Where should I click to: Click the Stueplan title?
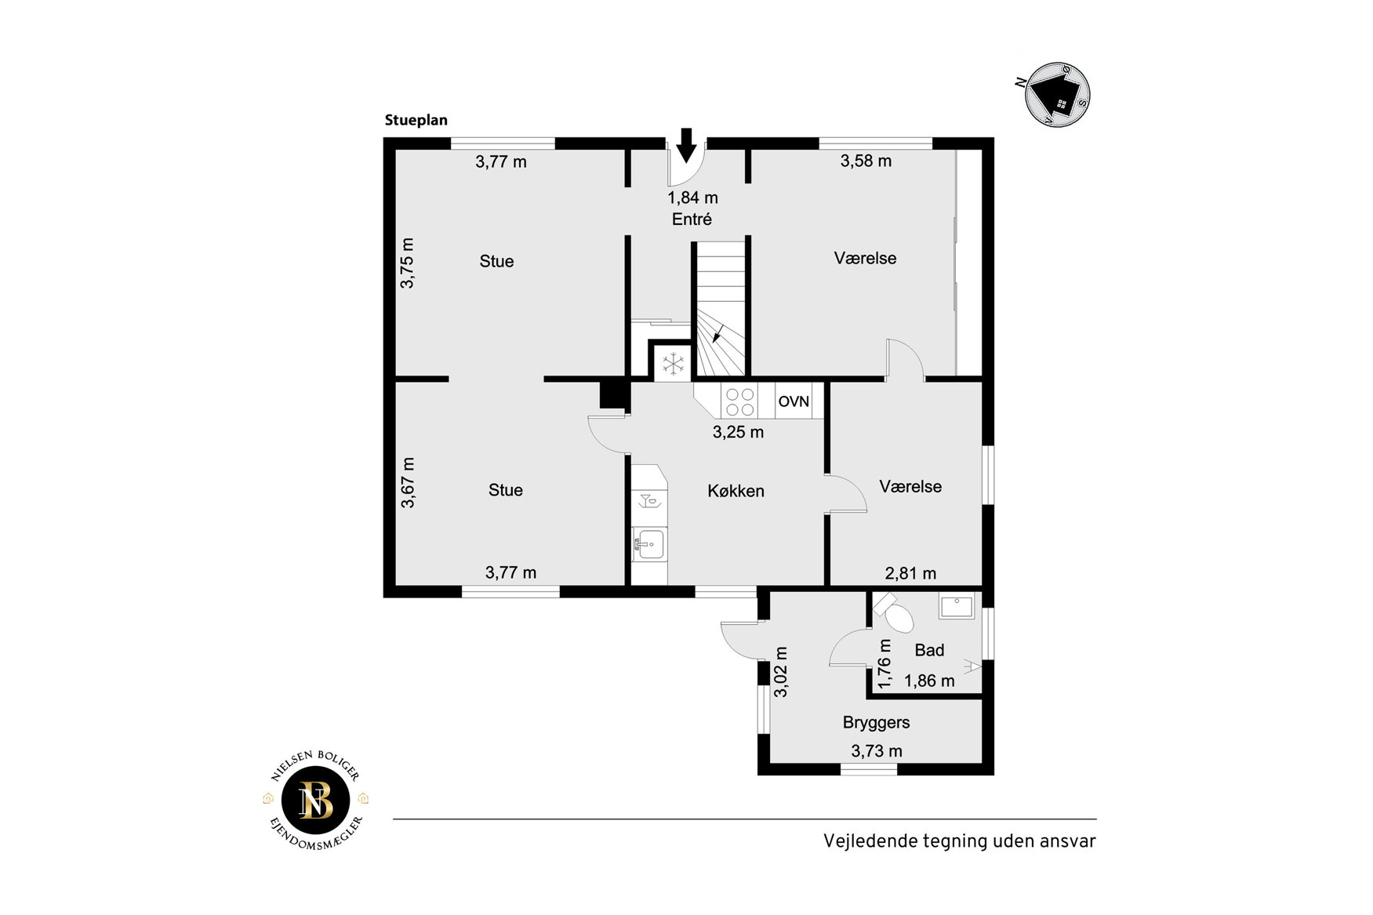tap(416, 120)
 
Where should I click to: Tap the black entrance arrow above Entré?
tap(686, 145)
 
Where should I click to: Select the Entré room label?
tap(692, 220)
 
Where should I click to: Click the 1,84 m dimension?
tap(692, 198)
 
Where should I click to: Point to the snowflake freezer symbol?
tap(674, 364)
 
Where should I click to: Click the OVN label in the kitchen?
tap(794, 401)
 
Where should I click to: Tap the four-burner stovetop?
tap(739, 402)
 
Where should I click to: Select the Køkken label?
tap(736, 492)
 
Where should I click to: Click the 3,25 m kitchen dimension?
tap(738, 432)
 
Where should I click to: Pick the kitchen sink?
tap(650, 543)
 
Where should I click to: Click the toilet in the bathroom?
tap(895, 613)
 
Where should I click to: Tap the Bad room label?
tap(929, 650)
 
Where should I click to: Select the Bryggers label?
tap(876, 723)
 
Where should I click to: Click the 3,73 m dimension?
tap(877, 751)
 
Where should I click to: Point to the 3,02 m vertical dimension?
tap(781, 672)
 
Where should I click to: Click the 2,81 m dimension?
tap(910, 574)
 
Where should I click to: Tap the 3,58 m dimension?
tap(866, 162)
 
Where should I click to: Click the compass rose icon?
tap(1057, 95)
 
